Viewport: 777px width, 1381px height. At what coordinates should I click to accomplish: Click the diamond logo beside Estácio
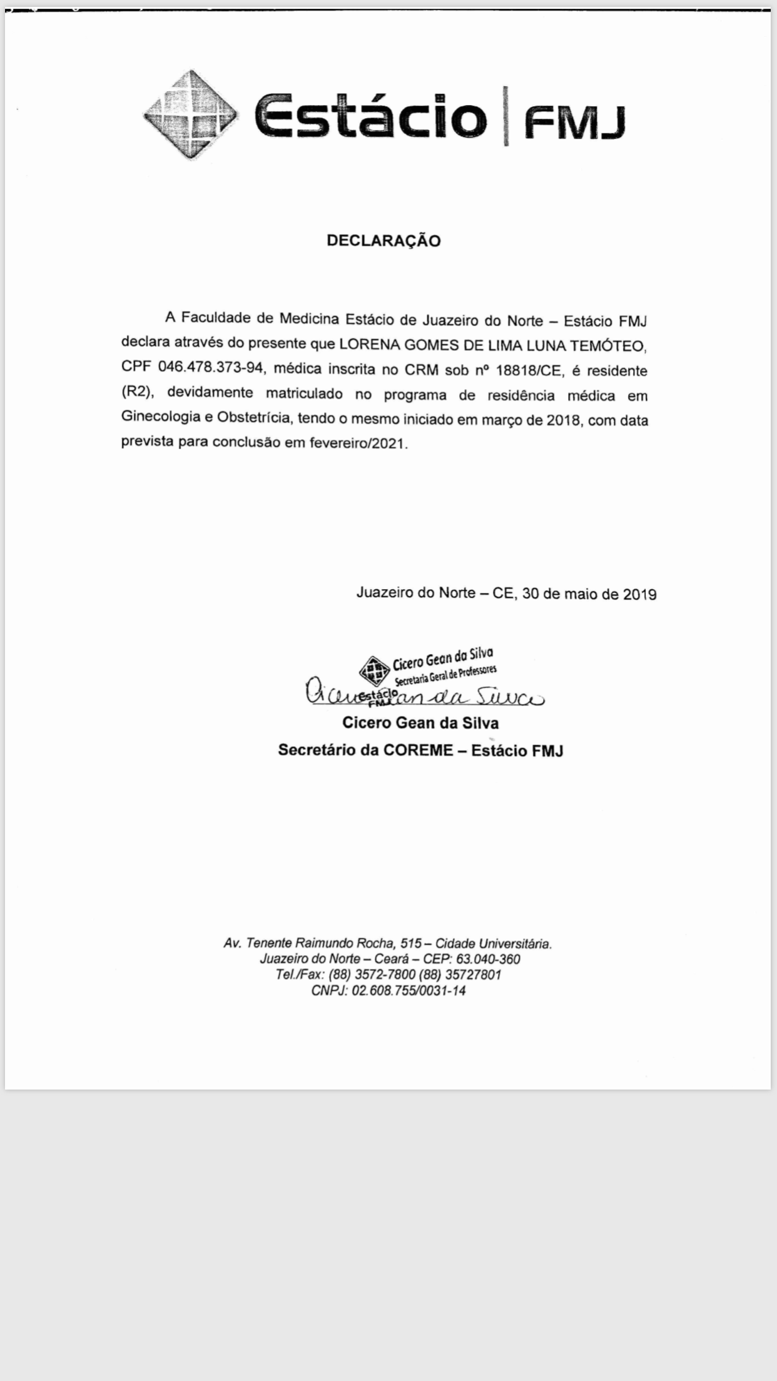pos(190,114)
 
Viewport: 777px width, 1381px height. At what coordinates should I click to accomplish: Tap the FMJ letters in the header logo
pos(574,123)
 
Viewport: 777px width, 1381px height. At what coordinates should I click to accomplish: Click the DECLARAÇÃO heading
pos(383,241)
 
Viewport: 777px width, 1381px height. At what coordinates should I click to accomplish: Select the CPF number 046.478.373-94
pos(210,368)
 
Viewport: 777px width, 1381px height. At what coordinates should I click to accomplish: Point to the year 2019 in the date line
pos(639,594)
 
